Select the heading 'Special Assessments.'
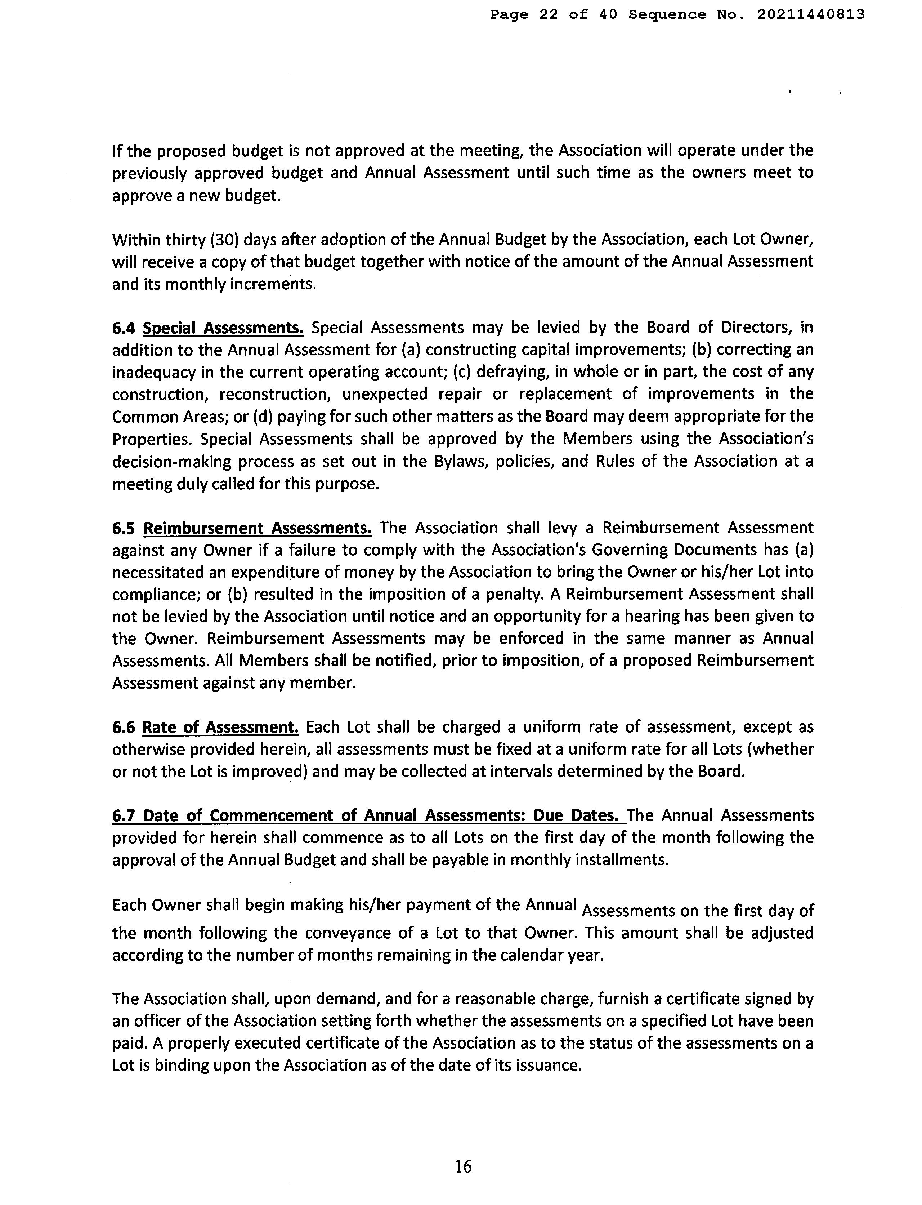[x=223, y=328]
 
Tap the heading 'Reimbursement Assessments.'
[x=258, y=528]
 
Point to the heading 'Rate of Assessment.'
[x=220, y=728]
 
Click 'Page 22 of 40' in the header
[x=553, y=15]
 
